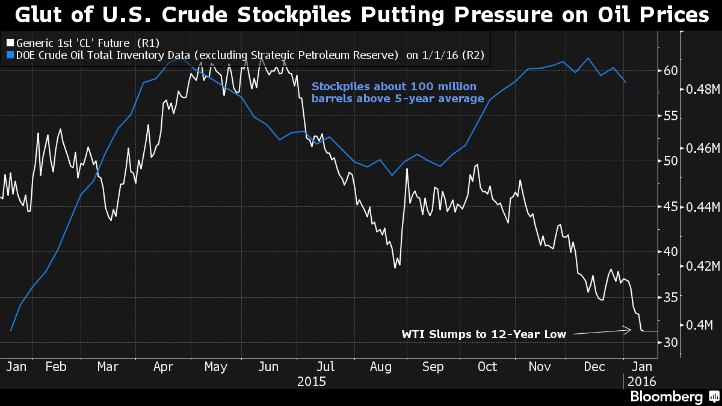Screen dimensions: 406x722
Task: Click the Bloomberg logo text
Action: point(666,397)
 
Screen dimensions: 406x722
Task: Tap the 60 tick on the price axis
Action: point(671,70)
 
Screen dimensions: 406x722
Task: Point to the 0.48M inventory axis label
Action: point(703,89)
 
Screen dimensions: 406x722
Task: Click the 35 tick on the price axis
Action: point(671,297)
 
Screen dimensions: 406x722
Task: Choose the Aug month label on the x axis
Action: point(381,366)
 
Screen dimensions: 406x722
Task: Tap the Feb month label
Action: point(56,366)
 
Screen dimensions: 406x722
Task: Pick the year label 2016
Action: point(641,381)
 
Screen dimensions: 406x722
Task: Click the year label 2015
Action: point(312,381)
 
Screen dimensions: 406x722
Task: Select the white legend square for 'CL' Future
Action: point(9,43)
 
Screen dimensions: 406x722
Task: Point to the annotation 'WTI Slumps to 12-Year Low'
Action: point(484,334)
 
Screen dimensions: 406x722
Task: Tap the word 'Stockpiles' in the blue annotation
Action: point(339,86)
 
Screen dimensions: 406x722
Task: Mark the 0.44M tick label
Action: point(703,207)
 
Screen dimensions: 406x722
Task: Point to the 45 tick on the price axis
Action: point(671,207)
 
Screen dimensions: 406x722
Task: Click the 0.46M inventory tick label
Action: point(703,148)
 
